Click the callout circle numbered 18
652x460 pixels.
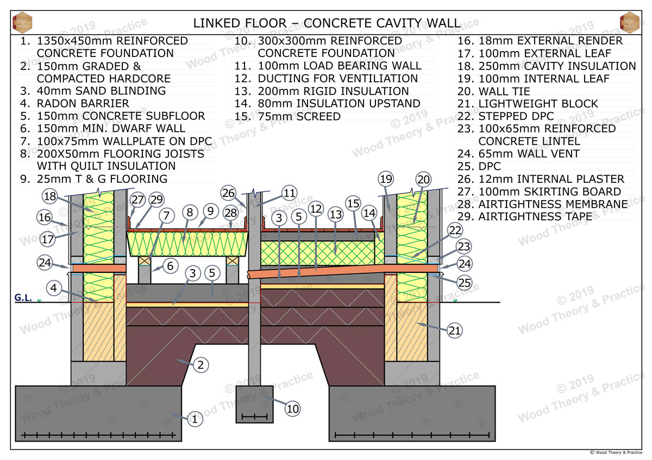tap(50, 196)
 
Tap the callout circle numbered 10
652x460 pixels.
tap(292, 409)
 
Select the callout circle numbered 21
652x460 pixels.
tap(454, 330)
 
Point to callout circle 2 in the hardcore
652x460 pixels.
tap(200, 365)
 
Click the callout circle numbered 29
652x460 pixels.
tap(156, 200)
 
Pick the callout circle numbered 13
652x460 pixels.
tap(336, 214)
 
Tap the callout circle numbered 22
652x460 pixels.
tap(455, 231)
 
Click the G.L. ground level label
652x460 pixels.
tap(23, 298)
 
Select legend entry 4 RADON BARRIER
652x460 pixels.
tap(74, 104)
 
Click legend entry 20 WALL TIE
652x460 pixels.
tap(494, 91)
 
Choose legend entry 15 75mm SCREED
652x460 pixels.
tap(287, 116)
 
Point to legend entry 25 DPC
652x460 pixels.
tap(479, 166)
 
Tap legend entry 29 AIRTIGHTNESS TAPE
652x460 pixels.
tap(525, 216)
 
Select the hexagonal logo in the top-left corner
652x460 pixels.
tap(22, 23)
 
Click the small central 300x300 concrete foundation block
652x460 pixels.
tap(254, 404)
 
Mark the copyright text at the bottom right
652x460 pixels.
tap(616, 452)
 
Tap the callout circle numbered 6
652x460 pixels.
tap(170, 266)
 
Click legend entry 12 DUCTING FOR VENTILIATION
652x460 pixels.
tap(326, 79)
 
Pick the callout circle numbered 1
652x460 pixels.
tap(195, 419)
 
